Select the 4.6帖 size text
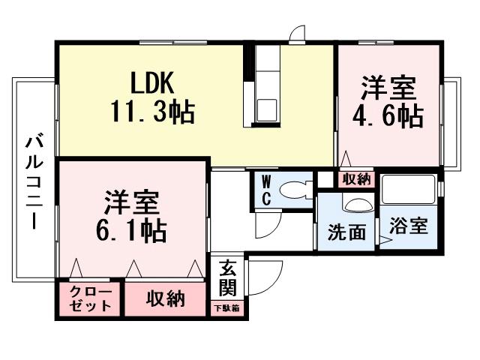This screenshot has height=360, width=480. pos(388,116)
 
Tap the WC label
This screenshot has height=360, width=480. pos(266,190)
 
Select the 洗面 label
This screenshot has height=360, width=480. pos(346,232)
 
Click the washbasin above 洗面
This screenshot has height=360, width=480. pos(356,205)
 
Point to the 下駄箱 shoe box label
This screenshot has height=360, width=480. pos(228,307)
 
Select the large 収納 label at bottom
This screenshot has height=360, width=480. pos(165,298)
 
